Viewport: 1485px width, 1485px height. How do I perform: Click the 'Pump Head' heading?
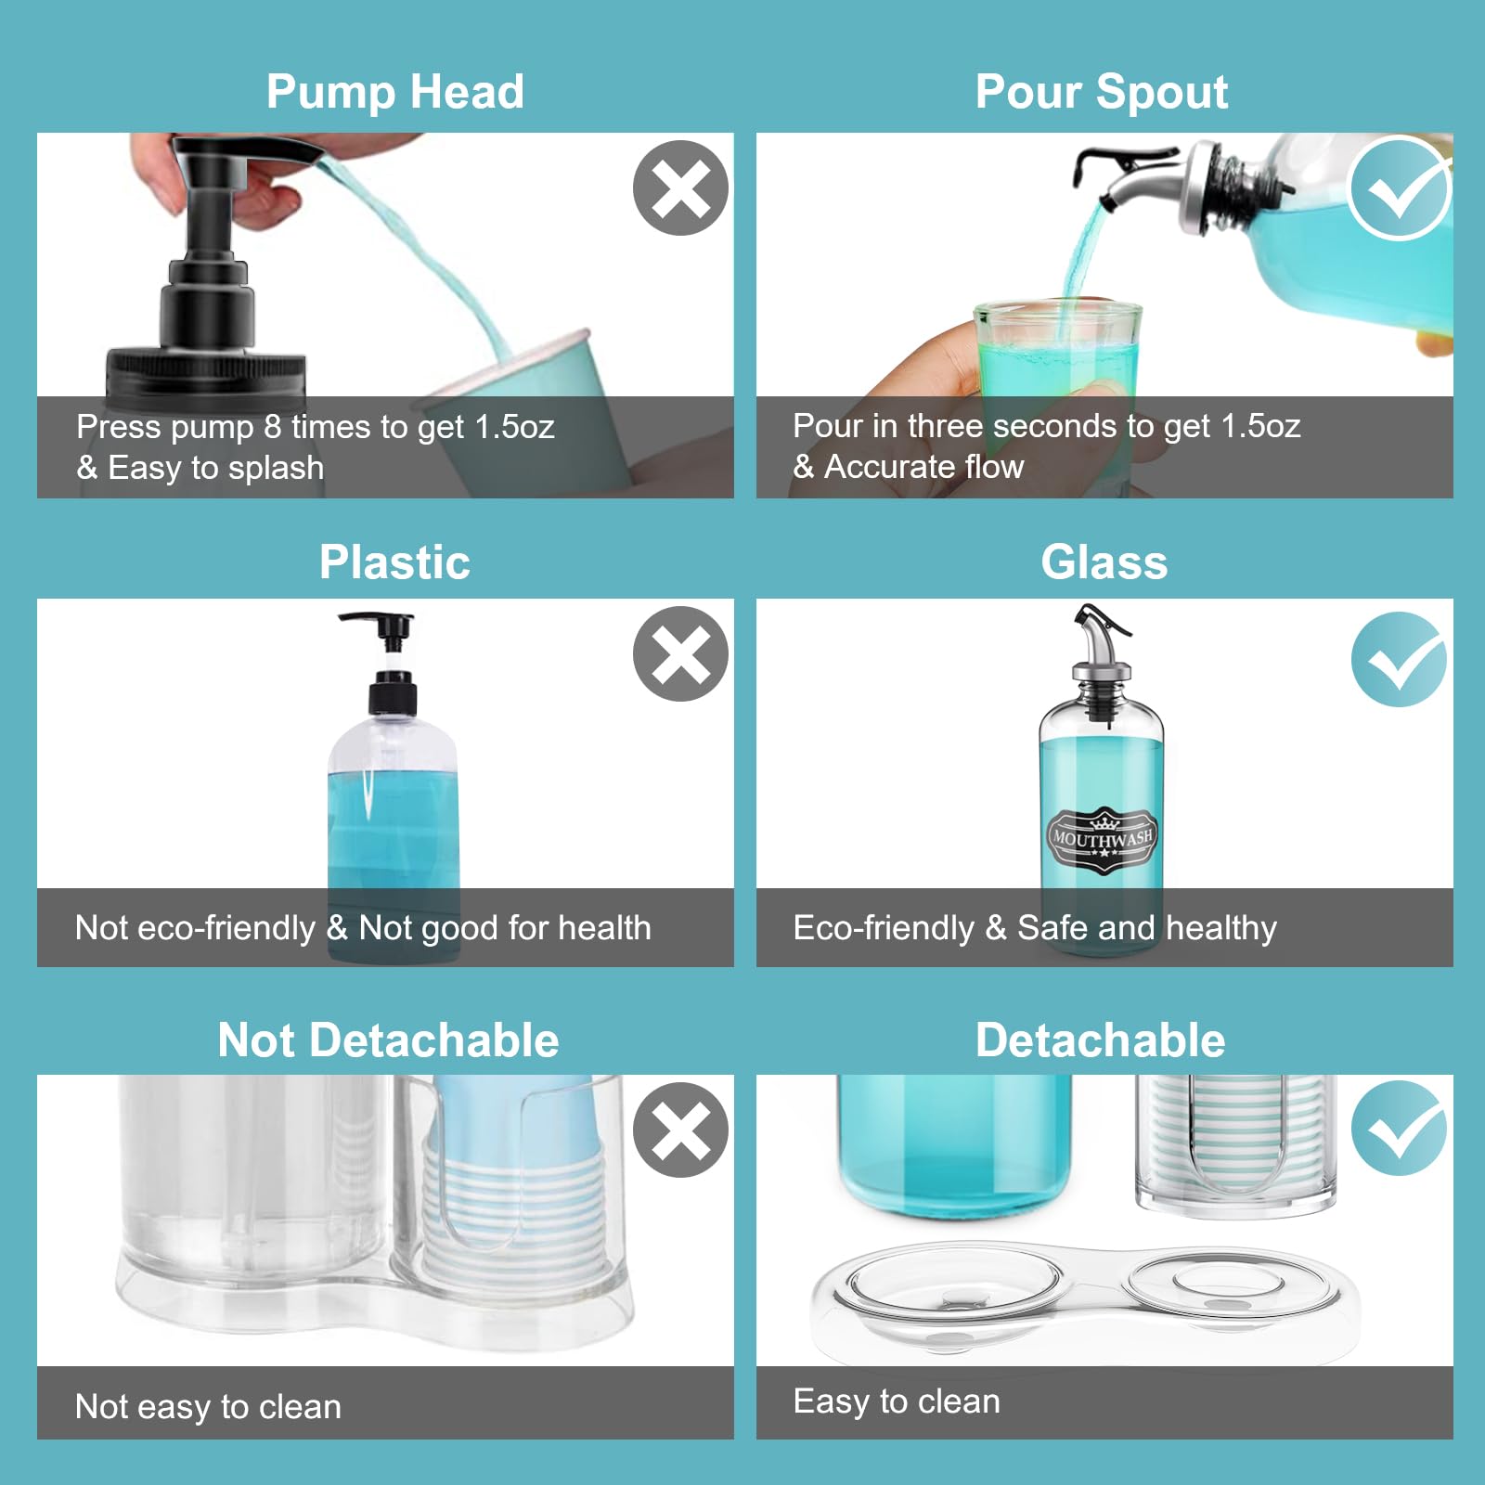pyautogui.click(x=395, y=92)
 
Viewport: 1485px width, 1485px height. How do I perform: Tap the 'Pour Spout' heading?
pyautogui.click(x=1102, y=92)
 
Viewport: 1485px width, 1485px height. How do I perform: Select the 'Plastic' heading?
pyautogui.click(x=394, y=562)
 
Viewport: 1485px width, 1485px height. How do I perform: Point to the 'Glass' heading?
pyautogui.click(x=1104, y=562)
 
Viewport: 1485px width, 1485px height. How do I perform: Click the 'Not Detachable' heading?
pyautogui.click(x=388, y=1039)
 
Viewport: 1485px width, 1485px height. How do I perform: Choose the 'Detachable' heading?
pyautogui.click(x=1100, y=1039)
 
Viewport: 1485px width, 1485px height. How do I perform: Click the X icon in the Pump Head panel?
pyautogui.click(x=680, y=188)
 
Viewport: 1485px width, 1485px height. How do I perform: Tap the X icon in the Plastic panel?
pyautogui.click(x=680, y=653)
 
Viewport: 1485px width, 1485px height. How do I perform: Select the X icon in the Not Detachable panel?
pyautogui.click(x=680, y=1130)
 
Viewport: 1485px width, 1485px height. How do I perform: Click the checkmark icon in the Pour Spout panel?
pyautogui.click(x=1399, y=188)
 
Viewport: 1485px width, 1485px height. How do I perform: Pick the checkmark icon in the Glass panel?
pyautogui.click(x=1399, y=659)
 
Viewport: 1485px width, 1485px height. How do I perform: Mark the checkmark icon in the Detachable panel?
pyautogui.click(x=1399, y=1128)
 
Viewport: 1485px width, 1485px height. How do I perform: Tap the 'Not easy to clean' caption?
pyautogui.click(x=208, y=1406)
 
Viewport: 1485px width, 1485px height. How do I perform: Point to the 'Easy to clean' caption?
pyautogui.click(x=897, y=1401)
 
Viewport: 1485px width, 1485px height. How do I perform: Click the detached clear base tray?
pyautogui.click(x=1086, y=1295)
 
